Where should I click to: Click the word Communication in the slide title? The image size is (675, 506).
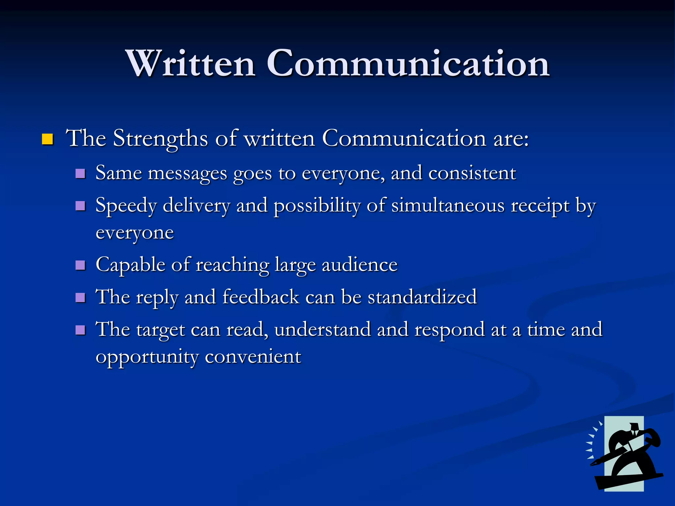[x=408, y=63]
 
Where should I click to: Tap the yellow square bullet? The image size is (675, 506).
[x=47, y=139]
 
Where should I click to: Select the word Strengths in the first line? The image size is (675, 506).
[x=161, y=139]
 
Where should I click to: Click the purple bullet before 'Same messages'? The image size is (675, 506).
[x=80, y=174]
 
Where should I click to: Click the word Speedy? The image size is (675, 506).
[x=126, y=206]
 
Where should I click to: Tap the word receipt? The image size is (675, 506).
[x=540, y=206]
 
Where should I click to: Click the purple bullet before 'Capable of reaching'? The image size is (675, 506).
[x=80, y=265]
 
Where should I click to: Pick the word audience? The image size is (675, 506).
[x=360, y=265]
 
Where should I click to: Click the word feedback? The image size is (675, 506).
[x=261, y=297]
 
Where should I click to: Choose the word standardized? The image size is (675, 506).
[x=422, y=297]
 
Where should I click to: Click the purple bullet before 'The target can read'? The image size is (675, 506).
[x=80, y=330]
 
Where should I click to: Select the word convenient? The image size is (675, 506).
[x=253, y=357]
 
